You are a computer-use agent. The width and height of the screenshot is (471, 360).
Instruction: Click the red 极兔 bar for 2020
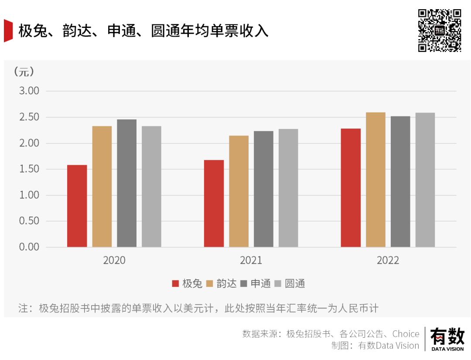(x=77, y=206)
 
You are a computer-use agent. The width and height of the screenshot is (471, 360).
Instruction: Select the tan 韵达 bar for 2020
(x=102, y=187)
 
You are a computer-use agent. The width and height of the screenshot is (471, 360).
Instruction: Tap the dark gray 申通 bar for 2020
(x=126, y=183)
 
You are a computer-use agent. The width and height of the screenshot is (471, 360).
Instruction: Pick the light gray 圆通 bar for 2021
(x=288, y=188)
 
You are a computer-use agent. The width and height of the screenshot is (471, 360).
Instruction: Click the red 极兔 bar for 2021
(x=214, y=204)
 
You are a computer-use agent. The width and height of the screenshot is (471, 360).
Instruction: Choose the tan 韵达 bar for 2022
(x=375, y=180)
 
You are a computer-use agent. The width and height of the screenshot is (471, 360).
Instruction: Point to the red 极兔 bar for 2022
(x=351, y=188)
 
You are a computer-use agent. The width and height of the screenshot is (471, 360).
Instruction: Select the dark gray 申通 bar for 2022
(x=400, y=181)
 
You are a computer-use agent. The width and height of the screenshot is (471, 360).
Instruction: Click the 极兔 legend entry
(x=188, y=284)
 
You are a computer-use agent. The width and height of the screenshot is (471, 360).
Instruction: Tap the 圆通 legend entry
(x=290, y=284)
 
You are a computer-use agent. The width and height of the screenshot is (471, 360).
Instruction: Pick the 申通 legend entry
(x=256, y=284)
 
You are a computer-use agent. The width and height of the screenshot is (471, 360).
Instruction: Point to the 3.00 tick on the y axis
(x=29, y=91)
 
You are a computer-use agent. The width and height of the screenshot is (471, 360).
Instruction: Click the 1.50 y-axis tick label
(x=29, y=169)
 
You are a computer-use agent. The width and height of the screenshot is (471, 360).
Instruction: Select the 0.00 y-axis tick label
(x=29, y=247)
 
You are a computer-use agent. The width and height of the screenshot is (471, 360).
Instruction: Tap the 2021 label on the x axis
(x=251, y=261)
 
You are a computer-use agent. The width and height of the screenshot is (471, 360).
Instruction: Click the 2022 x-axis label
(x=388, y=261)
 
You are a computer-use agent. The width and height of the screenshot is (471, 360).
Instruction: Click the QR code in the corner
(x=440, y=30)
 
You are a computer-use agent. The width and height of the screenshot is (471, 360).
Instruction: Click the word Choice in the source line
(x=406, y=334)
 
